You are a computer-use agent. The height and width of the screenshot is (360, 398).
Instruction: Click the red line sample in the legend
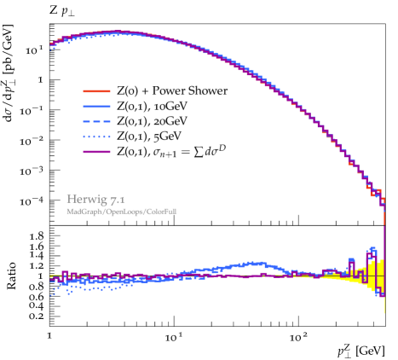[96, 91]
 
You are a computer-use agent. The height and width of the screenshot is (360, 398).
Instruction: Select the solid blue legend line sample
[96, 107]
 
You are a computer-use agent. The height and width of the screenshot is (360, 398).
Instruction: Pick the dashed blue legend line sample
[96, 122]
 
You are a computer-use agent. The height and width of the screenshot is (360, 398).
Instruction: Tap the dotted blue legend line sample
[96, 136]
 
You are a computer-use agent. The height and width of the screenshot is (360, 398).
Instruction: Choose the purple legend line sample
[96, 152]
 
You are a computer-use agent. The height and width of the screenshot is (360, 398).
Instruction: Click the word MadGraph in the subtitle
[84, 211]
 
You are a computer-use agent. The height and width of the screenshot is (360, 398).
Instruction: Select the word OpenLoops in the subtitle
[123, 211]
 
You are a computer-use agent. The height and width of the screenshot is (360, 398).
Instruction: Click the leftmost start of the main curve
[51, 44]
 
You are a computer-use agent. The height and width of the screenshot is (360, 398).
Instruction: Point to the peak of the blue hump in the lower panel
[253, 263]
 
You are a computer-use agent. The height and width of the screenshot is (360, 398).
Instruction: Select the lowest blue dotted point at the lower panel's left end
[52, 294]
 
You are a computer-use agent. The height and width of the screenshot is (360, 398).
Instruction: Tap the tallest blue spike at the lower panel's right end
[372, 253]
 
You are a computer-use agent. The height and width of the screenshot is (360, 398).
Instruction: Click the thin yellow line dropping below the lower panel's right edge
[385, 303]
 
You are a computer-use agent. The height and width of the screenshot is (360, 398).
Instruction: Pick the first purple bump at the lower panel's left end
[64, 276]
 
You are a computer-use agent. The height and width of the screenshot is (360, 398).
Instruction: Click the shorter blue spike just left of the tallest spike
[351, 261]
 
